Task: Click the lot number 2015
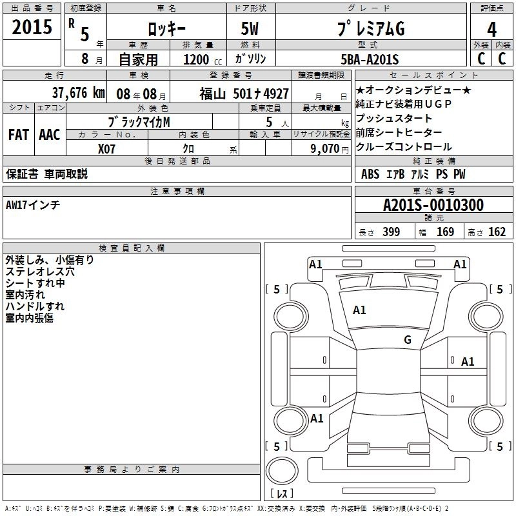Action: click(x=32, y=27)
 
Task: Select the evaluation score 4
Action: click(x=491, y=30)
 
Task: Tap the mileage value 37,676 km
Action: click(x=78, y=93)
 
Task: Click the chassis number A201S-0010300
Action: click(x=433, y=206)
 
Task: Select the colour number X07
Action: click(x=106, y=148)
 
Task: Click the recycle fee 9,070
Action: click(x=321, y=148)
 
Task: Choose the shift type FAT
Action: click(x=18, y=135)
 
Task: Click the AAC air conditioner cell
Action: click(x=50, y=135)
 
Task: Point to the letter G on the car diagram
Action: click(x=407, y=340)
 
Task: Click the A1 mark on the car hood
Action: click(x=359, y=310)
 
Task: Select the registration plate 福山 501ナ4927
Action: click(x=244, y=94)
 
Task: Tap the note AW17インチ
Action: click(x=33, y=205)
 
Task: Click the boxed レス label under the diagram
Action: click(x=282, y=494)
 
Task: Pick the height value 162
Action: click(x=497, y=232)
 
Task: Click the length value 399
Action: click(x=391, y=232)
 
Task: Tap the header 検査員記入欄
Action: click(x=132, y=248)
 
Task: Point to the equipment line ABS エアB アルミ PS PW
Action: click(x=413, y=174)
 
